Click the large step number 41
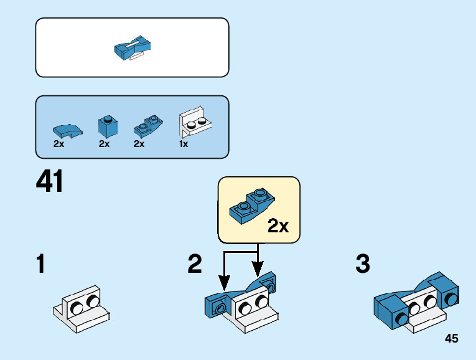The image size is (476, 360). tap(50, 182)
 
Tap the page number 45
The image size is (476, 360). tap(452, 338)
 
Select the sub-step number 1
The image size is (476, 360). tap(41, 265)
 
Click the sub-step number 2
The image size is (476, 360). tap(195, 265)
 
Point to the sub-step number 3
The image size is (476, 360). tap(363, 265)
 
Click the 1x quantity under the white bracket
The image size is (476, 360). tap(184, 144)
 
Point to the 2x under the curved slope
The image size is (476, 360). tap(59, 144)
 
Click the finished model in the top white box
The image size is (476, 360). tap(133, 47)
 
